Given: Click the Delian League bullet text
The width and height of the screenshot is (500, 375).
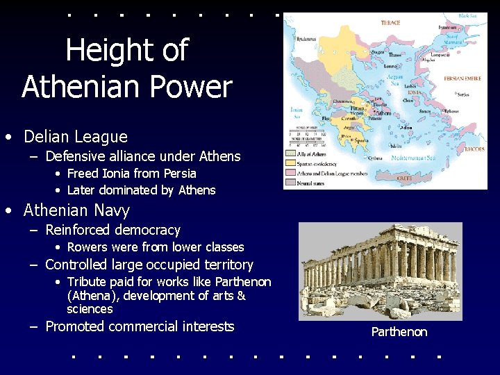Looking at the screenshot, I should coord(76,137).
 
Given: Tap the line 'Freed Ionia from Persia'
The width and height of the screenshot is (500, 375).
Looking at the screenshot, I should coord(131,174).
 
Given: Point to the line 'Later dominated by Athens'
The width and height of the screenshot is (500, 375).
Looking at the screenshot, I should coord(141,190).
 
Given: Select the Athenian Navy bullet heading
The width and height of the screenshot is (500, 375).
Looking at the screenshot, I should coord(76,210).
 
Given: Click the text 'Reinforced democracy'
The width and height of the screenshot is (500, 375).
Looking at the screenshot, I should coord(112,230).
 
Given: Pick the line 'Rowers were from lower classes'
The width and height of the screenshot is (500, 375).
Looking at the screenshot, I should coord(156,247).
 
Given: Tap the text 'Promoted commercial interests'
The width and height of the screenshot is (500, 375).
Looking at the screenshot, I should coord(140,326).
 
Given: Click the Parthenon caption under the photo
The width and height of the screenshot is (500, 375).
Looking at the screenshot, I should coord(399,332).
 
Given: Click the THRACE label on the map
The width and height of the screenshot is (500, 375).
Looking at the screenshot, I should coord(390,23).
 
